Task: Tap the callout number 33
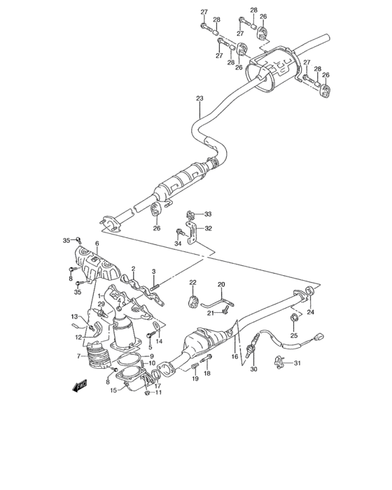[207, 214]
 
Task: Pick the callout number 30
[253, 369]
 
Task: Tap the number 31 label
[296, 363]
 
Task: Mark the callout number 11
[158, 393]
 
